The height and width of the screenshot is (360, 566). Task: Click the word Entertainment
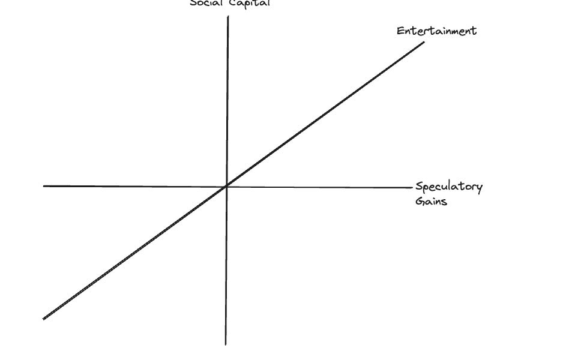pos(436,31)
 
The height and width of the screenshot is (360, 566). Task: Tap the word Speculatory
pos(449,187)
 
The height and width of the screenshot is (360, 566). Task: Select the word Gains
pos(431,201)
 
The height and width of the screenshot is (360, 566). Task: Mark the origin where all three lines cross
pos(226,187)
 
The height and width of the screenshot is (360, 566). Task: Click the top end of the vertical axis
pos(228,17)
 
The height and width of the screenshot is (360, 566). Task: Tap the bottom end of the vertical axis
pos(226,344)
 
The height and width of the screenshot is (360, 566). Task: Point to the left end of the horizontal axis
pos(44,186)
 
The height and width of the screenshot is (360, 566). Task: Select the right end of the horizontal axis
pos(413,188)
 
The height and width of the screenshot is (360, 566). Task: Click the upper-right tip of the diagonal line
pos(424,43)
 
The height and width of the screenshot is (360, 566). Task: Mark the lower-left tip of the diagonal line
pos(44,319)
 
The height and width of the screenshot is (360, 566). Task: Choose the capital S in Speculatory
pos(419,187)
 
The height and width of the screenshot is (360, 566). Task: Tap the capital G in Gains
pos(419,201)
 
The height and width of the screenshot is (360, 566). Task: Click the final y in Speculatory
pos(479,188)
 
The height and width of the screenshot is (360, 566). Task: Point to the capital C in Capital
pos(233,3)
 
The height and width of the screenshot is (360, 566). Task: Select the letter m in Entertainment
pos(453,31)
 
